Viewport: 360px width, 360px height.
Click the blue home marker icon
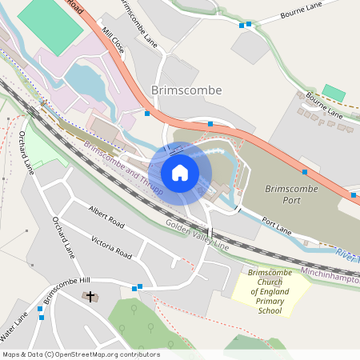click(180, 173)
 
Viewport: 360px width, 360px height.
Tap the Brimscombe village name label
click(186, 90)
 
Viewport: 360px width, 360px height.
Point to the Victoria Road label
click(111, 247)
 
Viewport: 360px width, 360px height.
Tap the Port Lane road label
click(275, 227)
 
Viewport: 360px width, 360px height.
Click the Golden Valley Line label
click(197, 237)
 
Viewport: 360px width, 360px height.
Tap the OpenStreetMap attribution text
click(81, 354)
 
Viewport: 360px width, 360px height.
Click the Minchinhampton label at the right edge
click(330, 274)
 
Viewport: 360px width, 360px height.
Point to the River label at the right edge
click(347, 254)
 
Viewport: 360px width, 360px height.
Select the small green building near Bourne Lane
click(334, 93)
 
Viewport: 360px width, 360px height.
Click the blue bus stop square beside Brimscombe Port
click(304, 171)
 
